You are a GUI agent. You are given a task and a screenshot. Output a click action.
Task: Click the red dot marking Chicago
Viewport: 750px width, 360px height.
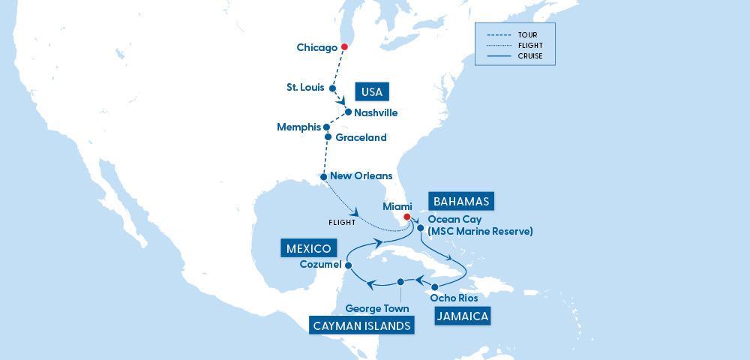click(344, 47)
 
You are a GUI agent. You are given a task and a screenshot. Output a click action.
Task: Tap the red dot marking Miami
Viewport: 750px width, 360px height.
click(406, 217)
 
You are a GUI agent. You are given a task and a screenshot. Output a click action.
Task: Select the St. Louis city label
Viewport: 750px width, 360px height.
click(305, 87)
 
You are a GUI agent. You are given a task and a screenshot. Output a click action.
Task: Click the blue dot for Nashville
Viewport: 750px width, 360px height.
click(348, 112)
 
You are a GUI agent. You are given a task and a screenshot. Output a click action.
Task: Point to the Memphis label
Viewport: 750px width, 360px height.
click(298, 127)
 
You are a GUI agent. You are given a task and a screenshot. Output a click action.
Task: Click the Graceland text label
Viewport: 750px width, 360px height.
click(361, 137)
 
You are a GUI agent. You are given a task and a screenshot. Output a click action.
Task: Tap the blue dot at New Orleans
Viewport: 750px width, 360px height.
click(323, 177)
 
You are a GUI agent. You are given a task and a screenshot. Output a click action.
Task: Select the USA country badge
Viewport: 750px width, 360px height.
click(372, 92)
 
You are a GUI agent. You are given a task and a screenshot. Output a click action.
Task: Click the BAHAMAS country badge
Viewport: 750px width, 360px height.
click(460, 202)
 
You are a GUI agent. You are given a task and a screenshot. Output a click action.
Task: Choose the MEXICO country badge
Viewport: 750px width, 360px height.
click(309, 247)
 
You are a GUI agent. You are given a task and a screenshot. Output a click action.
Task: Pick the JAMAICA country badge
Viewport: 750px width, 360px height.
click(462, 316)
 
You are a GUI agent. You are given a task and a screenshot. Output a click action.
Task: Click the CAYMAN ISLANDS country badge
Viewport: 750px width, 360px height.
click(362, 325)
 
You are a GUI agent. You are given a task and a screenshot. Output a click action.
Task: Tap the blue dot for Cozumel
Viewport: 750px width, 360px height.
click(349, 265)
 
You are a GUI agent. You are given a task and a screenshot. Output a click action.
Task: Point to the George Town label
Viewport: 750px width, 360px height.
click(376, 308)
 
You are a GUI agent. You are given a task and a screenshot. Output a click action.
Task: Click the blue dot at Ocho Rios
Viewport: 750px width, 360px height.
click(435, 287)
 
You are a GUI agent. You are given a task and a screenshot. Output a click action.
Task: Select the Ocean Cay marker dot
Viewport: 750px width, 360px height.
click(421, 228)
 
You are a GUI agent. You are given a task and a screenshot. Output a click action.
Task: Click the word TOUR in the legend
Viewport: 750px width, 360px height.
click(527, 34)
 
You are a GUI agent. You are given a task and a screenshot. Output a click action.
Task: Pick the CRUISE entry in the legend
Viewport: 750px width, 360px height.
click(530, 55)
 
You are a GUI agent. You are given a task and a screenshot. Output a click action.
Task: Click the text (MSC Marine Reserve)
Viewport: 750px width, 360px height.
click(480, 232)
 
